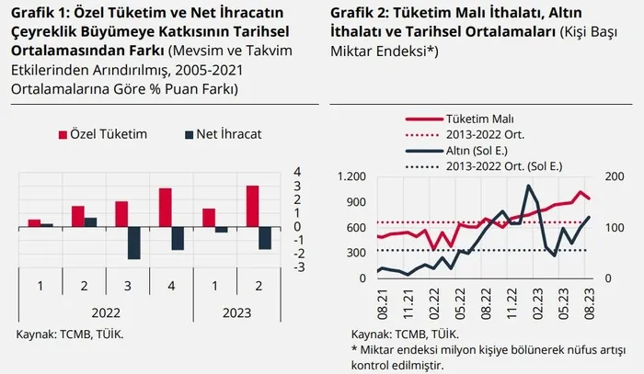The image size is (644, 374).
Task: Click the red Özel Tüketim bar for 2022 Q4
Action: pyautogui.click(x=166, y=207)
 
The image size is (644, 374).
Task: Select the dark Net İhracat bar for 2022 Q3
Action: pyautogui.click(x=133, y=242)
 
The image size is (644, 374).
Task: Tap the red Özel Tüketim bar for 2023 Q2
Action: pyautogui.click(x=252, y=205)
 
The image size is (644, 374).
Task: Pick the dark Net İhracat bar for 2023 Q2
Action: pyautogui.click(x=265, y=237)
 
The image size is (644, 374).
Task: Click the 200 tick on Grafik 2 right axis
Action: pyautogui.click(x=613, y=176)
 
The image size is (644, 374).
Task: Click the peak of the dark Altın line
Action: pyautogui.click(x=528, y=187)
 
